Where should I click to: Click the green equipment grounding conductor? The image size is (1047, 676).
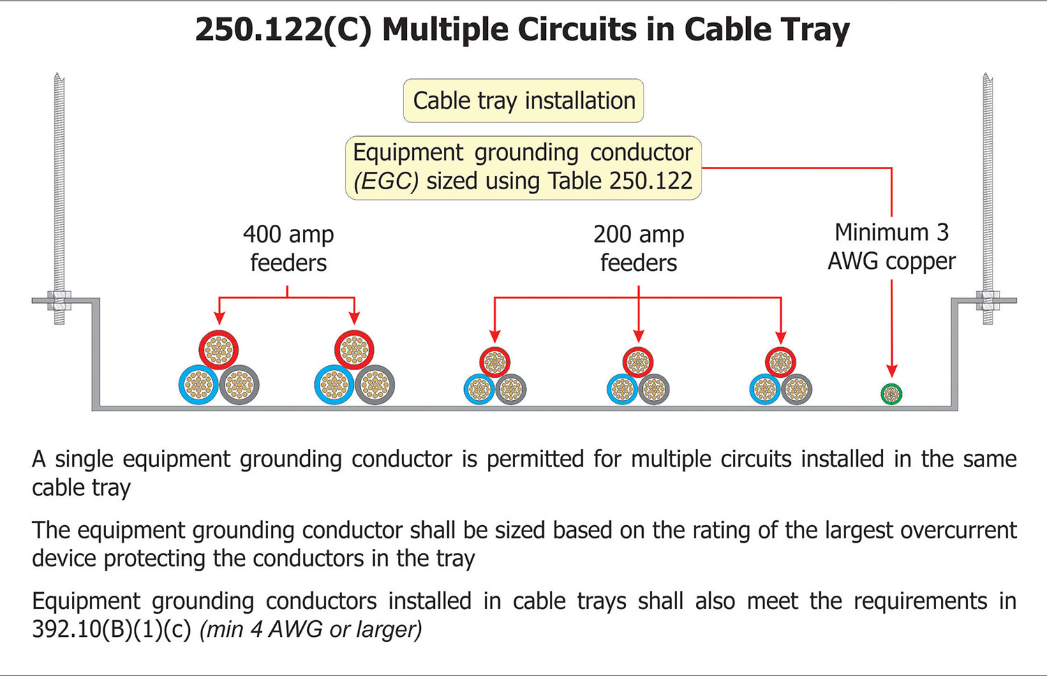[x=891, y=394]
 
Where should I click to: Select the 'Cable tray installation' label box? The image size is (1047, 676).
[x=523, y=101]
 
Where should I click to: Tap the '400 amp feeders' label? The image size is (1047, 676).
[x=288, y=249]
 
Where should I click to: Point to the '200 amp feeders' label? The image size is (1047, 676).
[x=639, y=249]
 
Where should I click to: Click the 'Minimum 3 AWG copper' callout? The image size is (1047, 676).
[x=891, y=247]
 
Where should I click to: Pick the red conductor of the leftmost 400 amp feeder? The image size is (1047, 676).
[x=218, y=350]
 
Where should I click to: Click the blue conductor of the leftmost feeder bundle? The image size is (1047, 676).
[x=199, y=385]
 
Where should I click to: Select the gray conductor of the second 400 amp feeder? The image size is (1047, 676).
[x=375, y=385]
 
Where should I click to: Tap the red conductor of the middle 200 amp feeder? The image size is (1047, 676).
[x=638, y=362]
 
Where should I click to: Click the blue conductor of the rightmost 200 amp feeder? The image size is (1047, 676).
[x=765, y=390]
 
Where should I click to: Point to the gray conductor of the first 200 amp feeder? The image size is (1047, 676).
[x=511, y=390]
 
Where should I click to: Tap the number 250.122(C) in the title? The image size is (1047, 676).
[x=283, y=30]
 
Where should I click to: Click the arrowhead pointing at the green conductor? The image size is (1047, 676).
[x=891, y=371]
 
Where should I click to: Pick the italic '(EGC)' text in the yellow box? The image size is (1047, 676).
[x=386, y=182]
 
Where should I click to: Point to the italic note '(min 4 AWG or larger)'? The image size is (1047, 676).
[x=311, y=629]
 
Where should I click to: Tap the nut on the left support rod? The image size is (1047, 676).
[x=59, y=301]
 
